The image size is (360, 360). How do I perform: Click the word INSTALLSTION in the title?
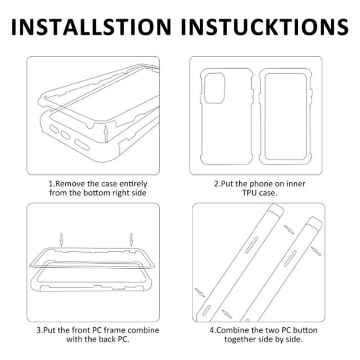[91, 27]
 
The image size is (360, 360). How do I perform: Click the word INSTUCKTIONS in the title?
[265, 27]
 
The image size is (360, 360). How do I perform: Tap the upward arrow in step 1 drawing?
[106, 134]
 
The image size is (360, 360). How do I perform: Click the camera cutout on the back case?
[214, 88]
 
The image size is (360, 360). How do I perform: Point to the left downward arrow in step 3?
[61, 240]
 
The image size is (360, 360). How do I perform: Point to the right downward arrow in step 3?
[131, 240]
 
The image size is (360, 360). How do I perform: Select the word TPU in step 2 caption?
[249, 193]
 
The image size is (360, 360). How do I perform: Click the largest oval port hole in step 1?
[82, 145]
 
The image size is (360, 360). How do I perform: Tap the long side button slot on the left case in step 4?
[252, 245]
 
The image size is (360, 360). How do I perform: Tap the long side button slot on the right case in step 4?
[290, 259]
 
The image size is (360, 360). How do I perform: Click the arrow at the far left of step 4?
[200, 292]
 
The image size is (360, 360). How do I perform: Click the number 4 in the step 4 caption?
[211, 330]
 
